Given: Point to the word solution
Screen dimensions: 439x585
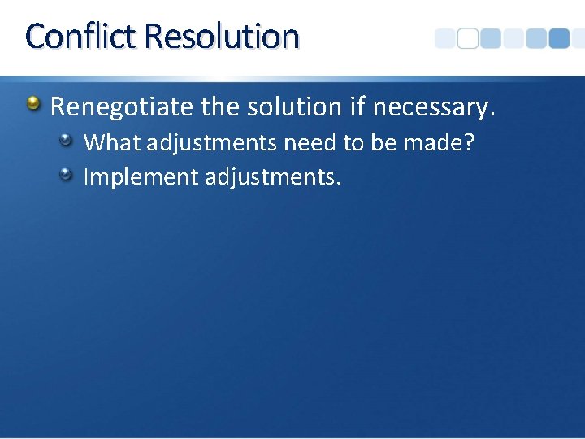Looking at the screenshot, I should (292, 106).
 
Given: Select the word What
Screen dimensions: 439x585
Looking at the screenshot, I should (112, 143).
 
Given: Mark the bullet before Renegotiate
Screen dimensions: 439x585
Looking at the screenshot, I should (32, 103).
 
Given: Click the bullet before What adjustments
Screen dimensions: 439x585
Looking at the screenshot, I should (67, 141).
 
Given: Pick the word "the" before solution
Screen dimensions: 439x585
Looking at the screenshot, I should (224, 106).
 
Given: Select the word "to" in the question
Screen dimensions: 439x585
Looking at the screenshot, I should (353, 143).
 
